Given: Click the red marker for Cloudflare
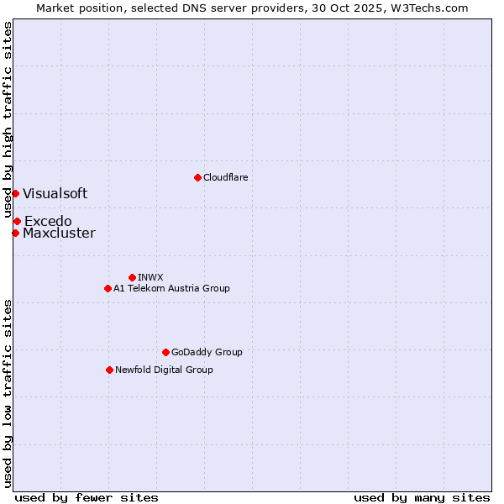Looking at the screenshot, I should pyautogui.click(x=197, y=177).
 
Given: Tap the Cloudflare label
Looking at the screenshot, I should pyautogui.click(x=225, y=177).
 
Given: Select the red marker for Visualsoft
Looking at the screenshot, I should pyautogui.click(x=15, y=193).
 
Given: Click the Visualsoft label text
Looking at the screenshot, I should pyautogui.click(x=55, y=193).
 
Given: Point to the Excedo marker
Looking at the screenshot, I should pyautogui.click(x=17, y=221).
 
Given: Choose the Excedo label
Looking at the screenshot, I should pyautogui.click(x=48, y=221).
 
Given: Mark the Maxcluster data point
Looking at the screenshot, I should pyautogui.click(x=15, y=233).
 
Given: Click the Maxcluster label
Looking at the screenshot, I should pyautogui.click(x=59, y=234).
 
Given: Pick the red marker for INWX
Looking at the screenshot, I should pyautogui.click(x=132, y=277).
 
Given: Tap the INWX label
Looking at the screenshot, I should pyautogui.click(x=150, y=277).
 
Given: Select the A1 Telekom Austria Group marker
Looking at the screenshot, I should pyautogui.click(x=108, y=288).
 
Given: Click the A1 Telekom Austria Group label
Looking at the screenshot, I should pyautogui.click(x=171, y=288).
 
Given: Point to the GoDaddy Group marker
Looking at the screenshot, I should pyautogui.click(x=165, y=352).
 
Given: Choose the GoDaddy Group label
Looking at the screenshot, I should pyautogui.click(x=206, y=352).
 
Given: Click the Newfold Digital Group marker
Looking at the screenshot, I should pyautogui.click(x=109, y=370).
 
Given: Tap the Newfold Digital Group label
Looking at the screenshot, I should pyautogui.click(x=164, y=370).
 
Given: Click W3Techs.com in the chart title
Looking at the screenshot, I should pyautogui.click(x=432, y=8).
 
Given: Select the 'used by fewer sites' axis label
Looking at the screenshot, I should pyautogui.click(x=87, y=497).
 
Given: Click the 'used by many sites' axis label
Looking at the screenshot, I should pyautogui.click(x=422, y=497).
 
